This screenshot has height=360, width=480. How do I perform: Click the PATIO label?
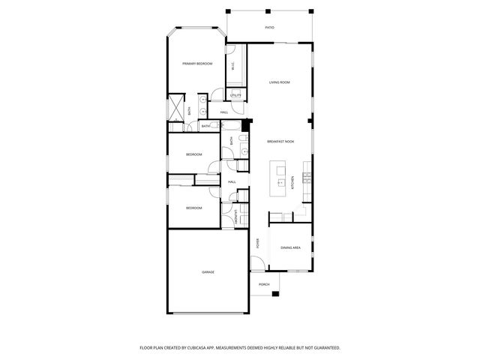point(269,28)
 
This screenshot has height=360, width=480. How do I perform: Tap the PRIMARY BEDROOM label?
point(197,64)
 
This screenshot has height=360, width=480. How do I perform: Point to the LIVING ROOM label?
point(280,82)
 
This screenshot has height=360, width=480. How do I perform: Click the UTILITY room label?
point(235,96)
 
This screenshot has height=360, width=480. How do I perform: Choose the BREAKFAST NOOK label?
point(280,141)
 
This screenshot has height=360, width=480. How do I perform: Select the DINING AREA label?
point(290,247)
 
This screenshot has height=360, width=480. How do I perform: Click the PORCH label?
point(264,285)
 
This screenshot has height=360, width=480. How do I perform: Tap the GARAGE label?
point(208,271)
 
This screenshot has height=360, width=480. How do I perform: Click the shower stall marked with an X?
point(175,108)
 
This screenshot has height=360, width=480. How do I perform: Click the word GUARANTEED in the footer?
point(323,348)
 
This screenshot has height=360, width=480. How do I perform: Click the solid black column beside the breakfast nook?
point(243,126)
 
